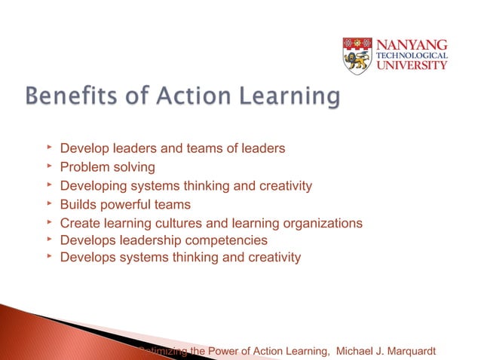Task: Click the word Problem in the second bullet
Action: tap(83, 167)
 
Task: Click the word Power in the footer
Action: tap(212, 350)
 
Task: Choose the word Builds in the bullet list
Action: tap(77, 205)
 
